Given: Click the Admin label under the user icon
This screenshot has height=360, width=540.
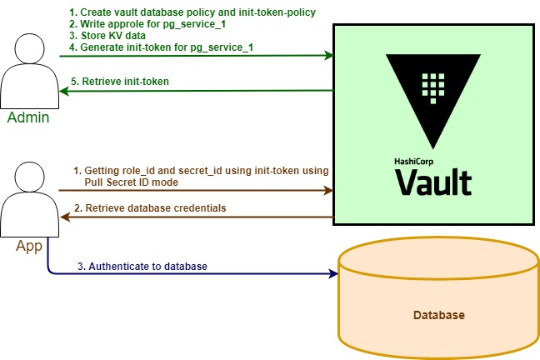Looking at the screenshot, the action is click(x=28, y=117).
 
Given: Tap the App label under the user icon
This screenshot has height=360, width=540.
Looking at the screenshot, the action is click(x=29, y=246).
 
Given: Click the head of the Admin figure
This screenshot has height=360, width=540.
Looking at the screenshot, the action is click(x=30, y=48).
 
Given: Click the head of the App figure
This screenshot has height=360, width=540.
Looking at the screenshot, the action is click(x=30, y=177).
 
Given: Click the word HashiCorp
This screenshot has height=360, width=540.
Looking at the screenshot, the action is click(x=414, y=161).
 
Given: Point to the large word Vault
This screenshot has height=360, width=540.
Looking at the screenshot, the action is click(x=433, y=182).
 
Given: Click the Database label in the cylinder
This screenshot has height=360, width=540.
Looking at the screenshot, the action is click(x=439, y=315).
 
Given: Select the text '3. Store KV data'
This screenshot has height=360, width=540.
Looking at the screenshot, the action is click(x=107, y=36).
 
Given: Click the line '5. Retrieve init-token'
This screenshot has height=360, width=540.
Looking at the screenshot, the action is click(x=120, y=82).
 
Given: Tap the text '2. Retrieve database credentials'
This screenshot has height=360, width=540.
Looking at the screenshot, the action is click(x=150, y=208).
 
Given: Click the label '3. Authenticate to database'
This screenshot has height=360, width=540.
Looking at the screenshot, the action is click(x=142, y=267).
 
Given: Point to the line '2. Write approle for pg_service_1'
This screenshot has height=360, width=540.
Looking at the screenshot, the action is click(x=147, y=24).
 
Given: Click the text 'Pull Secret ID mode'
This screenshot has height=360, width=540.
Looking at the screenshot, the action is click(x=131, y=182).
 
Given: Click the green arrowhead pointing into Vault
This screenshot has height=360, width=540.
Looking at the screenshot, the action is click(x=328, y=55).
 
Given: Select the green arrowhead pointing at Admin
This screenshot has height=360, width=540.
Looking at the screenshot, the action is click(x=64, y=91).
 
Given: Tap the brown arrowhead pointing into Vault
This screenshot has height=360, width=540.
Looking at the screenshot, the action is click(x=328, y=190).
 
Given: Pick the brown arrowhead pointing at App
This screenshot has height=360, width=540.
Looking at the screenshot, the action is click(x=65, y=217).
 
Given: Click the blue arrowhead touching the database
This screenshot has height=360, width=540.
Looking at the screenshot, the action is click(x=333, y=274).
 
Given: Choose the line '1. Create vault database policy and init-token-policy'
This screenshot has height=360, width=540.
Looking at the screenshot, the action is click(x=192, y=12).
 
